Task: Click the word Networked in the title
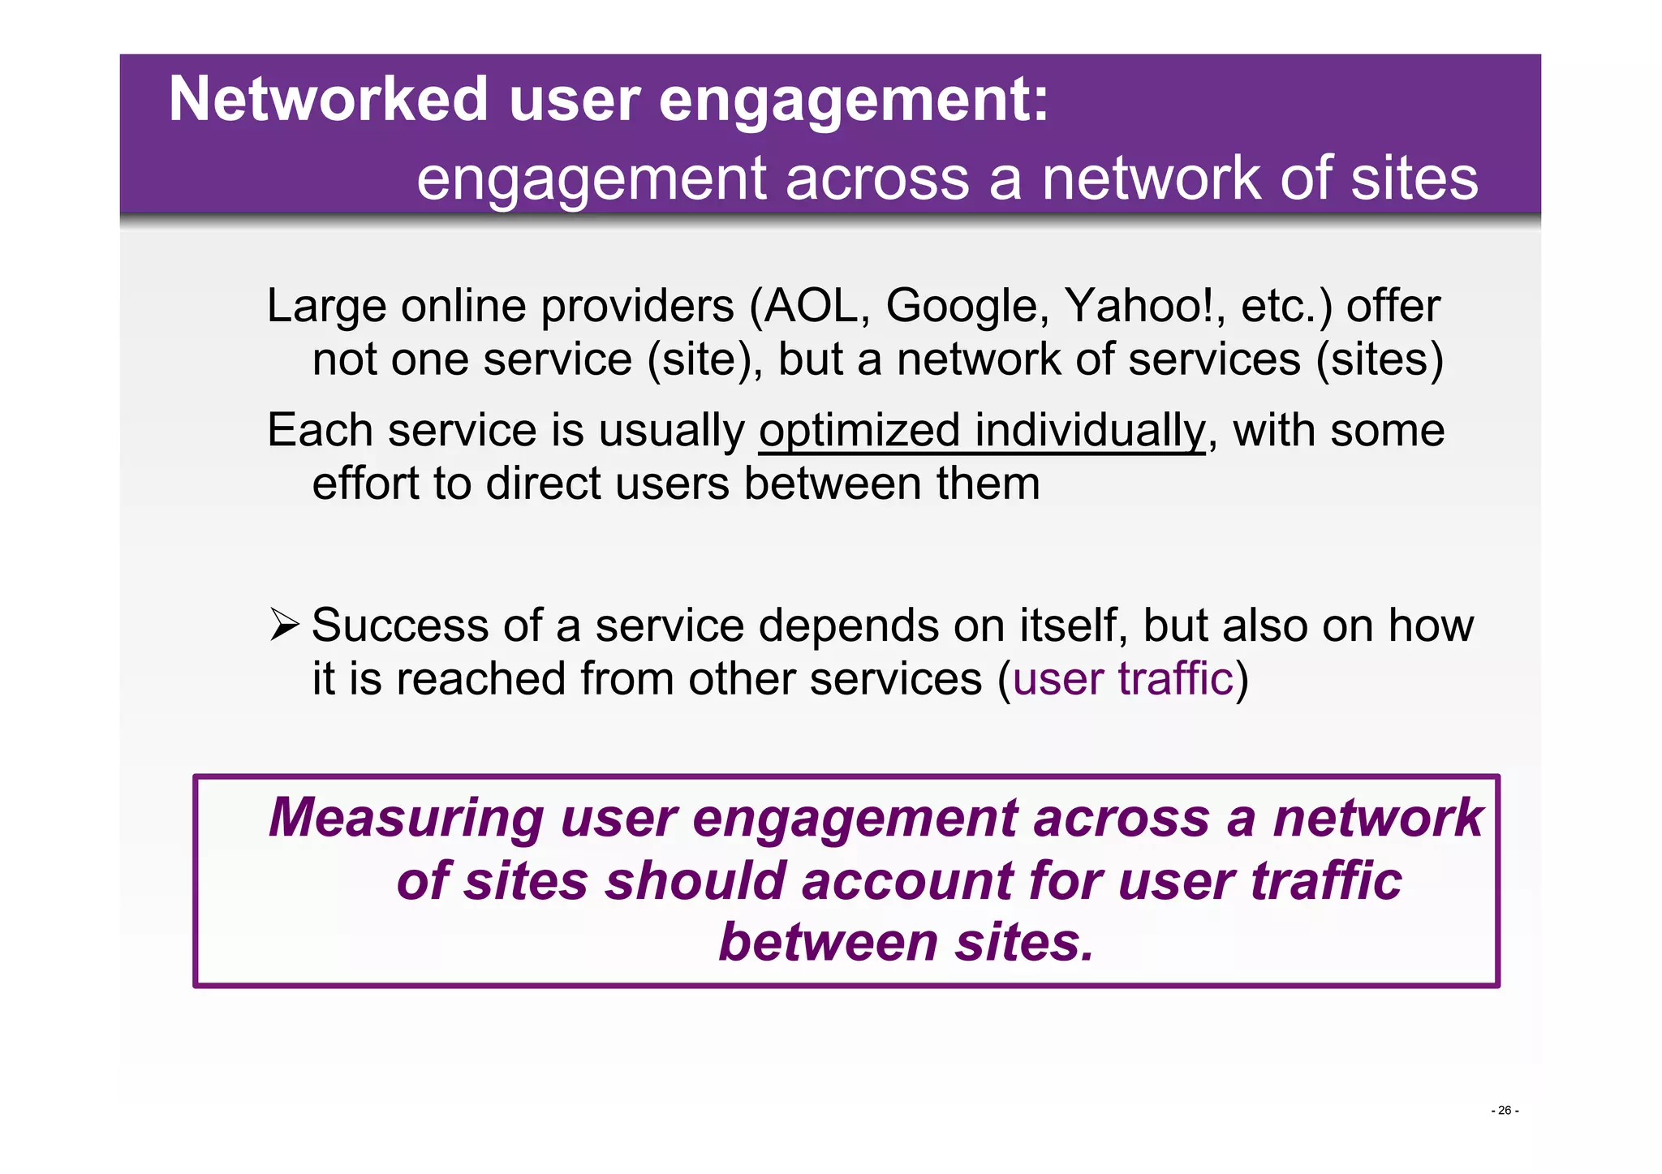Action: tap(328, 100)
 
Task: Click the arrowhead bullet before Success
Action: tap(285, 626)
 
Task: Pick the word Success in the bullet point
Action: tap(400, 626)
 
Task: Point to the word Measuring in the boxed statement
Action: tap(406, 818)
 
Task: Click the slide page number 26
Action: tap(1505, 1111)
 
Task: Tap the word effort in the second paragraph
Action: tap(364, 484)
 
